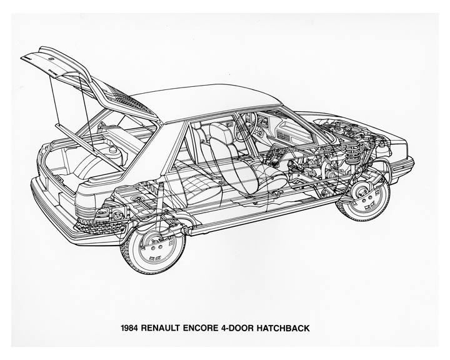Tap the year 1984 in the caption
tap(130, 328)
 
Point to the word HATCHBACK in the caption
tap(283, 328)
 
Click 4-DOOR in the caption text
tap(237, 328)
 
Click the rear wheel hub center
tap(155, 247)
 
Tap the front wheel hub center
tap(364, 197)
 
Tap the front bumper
tap(402, 166)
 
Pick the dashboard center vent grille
tap(284, 134)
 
